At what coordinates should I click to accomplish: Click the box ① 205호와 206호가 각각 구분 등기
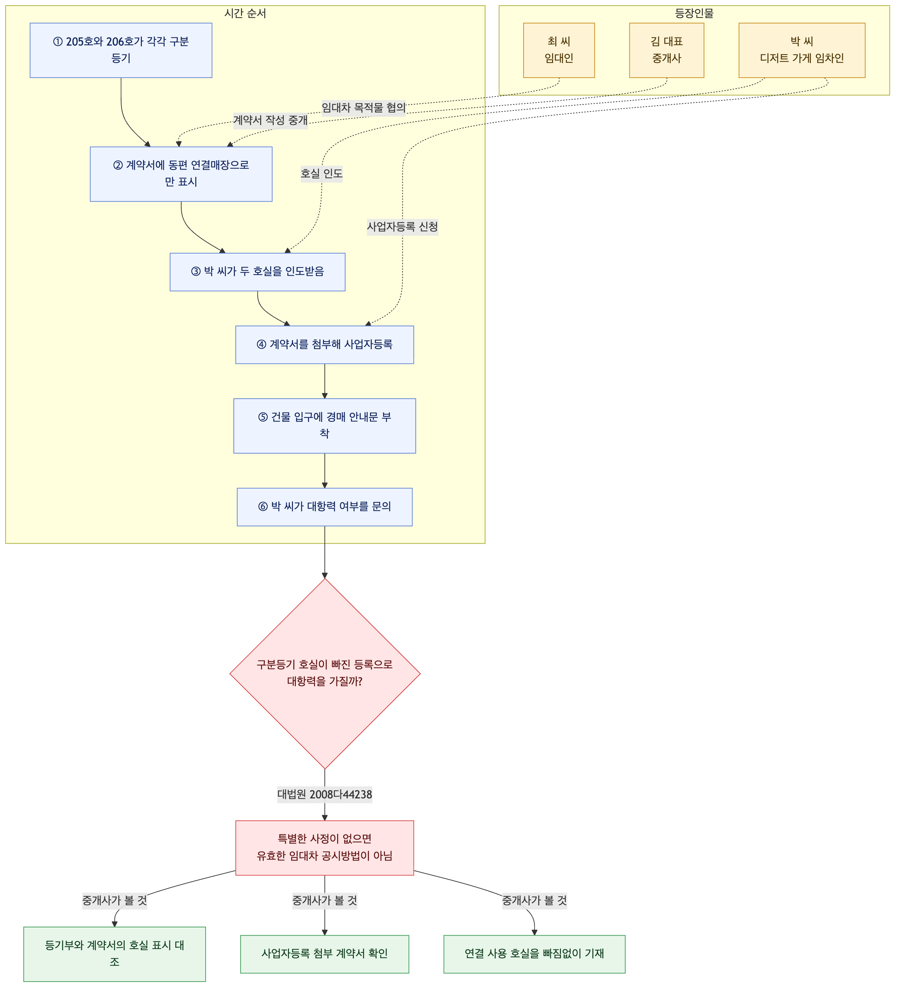point(121,50)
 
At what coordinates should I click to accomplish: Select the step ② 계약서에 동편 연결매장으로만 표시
point(181,174)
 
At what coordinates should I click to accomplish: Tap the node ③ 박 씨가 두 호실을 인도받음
point(257,272)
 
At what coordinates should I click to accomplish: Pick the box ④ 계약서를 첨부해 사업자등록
point(324,345)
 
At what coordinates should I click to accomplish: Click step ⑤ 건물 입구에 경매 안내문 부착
point(324,426)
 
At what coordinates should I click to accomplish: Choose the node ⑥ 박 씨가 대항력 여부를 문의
point(324,507)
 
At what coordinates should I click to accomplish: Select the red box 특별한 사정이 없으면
point(324,848)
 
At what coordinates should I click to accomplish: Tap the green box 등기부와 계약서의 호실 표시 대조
point(114,954)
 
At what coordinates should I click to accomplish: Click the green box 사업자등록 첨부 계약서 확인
point(324,954)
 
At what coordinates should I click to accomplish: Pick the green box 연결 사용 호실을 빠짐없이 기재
point(535,954)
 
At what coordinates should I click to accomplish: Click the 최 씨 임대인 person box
point(559,50)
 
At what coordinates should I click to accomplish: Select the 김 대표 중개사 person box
point(667,50)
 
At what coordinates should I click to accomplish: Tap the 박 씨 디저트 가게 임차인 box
point(802,50)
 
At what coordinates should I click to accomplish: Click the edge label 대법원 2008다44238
point(324,794)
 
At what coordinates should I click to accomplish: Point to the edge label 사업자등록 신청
point(402,227)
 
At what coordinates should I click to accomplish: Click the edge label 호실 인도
point(321,174)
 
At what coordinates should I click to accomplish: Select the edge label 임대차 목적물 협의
point(364,108)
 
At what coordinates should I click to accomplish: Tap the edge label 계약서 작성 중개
point(270,120)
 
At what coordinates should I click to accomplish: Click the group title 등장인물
point(694,13)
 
